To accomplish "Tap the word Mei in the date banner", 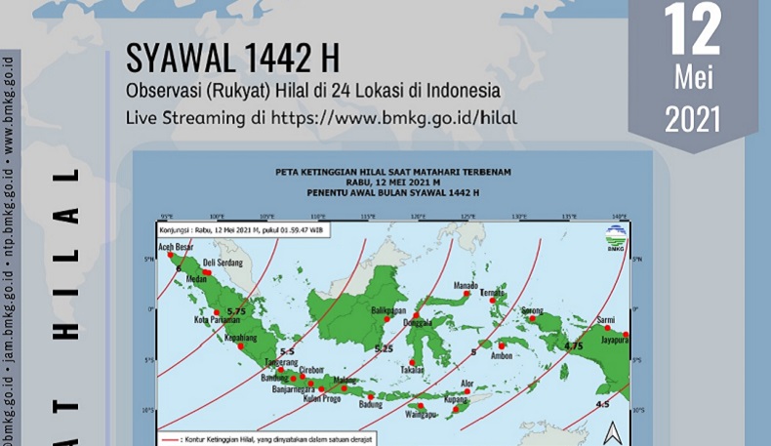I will (x=693, y=76).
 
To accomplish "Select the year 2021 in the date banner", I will (x=693, y=117).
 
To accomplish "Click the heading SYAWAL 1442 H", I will (x=232, y=60).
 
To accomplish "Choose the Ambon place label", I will (x=502, y=357).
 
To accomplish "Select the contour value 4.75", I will (x=573, y=345).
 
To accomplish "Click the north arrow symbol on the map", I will (x=612, y=430).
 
